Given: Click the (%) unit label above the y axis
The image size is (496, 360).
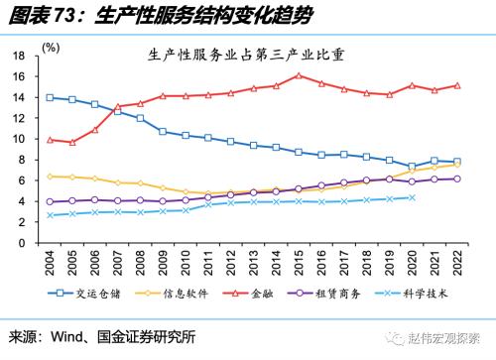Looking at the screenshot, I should tap(51, 47).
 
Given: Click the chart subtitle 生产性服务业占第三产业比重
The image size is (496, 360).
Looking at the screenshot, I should tap(250, 57).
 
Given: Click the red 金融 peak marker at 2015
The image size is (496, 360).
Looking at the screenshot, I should tap(298, 75).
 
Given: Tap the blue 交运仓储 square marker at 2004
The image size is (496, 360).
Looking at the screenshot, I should tap(50, 97).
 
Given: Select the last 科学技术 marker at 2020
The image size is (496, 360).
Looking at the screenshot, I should tap(411, 197).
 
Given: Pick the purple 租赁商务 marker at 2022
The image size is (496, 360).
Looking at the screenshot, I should tap(456, 179).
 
